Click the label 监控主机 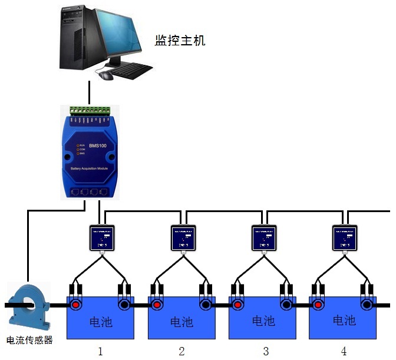[180, 41]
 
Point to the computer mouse [106, 75]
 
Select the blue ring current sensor [28, 305]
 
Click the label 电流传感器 [29, 340]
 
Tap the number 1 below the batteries [100, 352]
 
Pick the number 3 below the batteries [266, 352]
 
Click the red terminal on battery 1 [75, 305]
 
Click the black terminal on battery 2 [205, 305]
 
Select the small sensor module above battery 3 [264, 237]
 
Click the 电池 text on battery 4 [344, 321]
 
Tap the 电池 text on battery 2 [181, 322]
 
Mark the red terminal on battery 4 [318, 305]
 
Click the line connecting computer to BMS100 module [89, 93]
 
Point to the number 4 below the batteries [344, 352]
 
